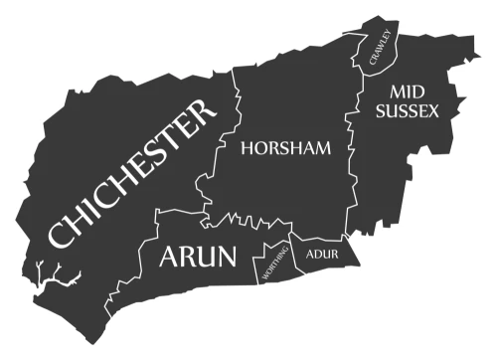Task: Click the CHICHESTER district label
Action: [132, 176]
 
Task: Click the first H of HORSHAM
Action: [248, 150]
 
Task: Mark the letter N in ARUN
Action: [226, 258]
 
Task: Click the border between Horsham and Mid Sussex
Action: [349, 159]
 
